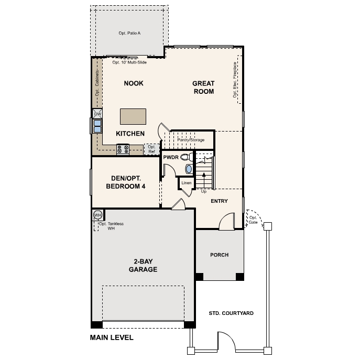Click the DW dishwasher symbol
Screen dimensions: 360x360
[x=97, y=114]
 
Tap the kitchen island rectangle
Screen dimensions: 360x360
[x=133, y=117]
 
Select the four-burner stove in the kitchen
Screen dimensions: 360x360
[x=123, y=149]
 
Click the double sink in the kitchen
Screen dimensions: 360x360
[x=97, y=126]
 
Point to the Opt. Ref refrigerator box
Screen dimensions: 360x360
[x=151, y=149]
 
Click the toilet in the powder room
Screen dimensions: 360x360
[x=187, y=157]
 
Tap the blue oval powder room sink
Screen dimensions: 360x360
[x=189, y=169]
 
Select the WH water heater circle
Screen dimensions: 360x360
[x=97, y=215]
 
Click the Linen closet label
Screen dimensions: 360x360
[x=186, y=183]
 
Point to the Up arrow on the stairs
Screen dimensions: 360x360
[x=204, y=181]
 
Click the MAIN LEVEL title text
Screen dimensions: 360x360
[x=112, y=337]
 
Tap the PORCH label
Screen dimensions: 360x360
[x=219, y=255]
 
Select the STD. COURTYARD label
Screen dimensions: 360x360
[x=231, y=313]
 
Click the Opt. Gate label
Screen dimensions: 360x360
[x=253, y=220]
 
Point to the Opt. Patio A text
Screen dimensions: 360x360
[x=129, y=33]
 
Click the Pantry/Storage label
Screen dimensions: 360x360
[x=191, y=140]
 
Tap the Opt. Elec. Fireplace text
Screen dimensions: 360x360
[x=235, y=80]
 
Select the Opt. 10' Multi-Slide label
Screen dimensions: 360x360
[x=129, y=62]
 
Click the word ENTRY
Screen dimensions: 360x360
[x=219, y=201]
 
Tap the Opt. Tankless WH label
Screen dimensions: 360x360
[x=111, y=226]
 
